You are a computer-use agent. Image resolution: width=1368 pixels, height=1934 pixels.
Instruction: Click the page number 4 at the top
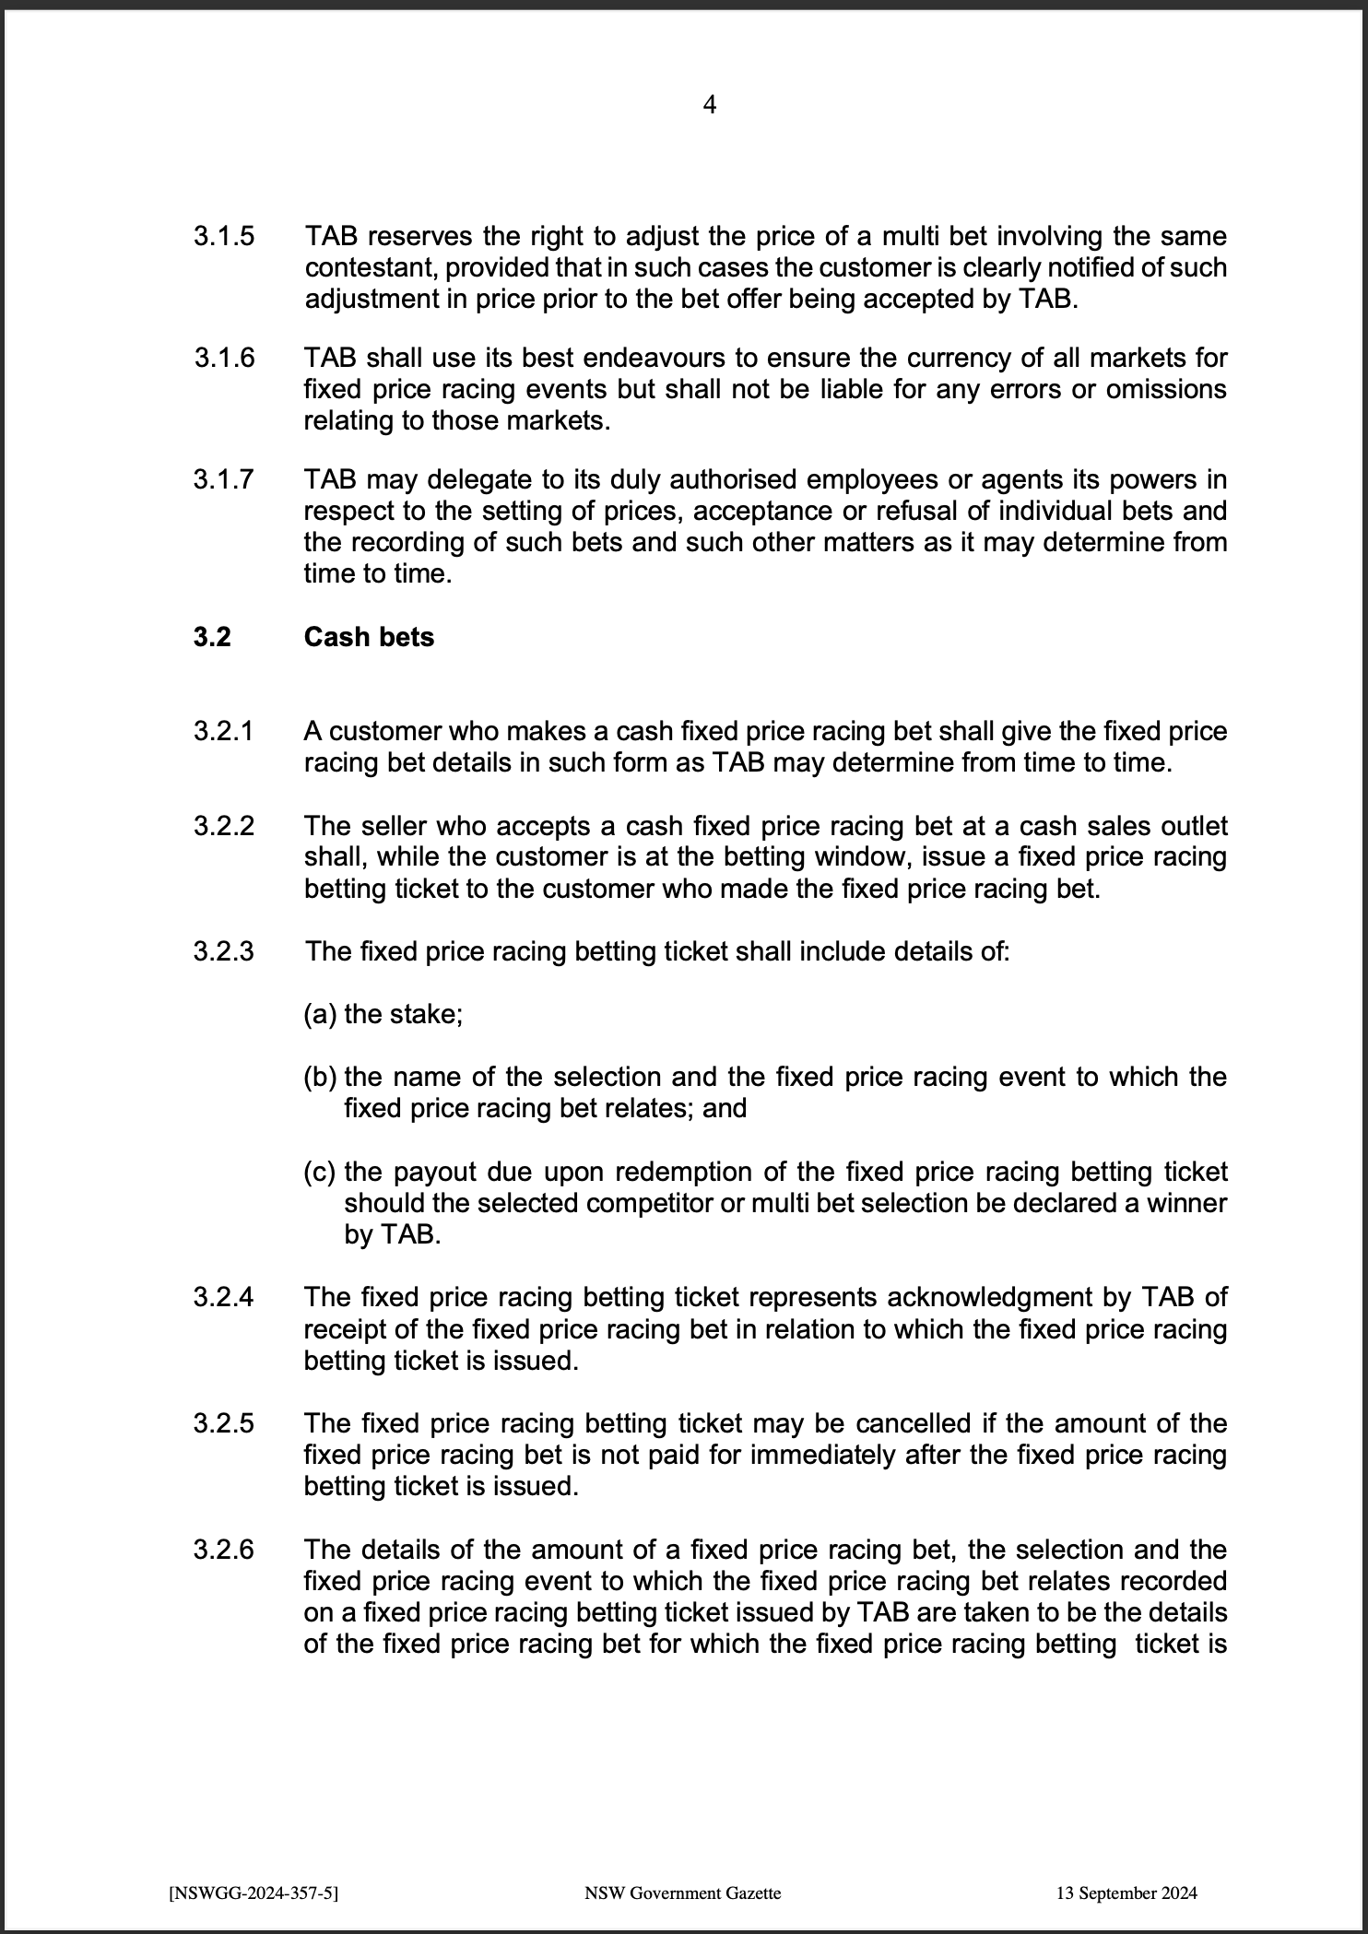pyautogui.click(x=709, y=105)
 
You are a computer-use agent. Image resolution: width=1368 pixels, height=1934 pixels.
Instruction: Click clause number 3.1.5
pyautogui.click(x=223, y=236)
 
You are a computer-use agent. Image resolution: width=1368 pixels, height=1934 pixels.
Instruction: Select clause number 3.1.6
pyautogui.click(x=224, y=358)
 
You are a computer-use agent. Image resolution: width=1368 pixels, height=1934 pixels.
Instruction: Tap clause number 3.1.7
pyautogui.click(x=223, y=479)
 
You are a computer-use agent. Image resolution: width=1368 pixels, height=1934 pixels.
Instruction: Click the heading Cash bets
pyautogui.click(x=369, y=637)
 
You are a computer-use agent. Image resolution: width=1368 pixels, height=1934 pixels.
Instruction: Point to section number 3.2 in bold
pyautogui.click(x=212, y=637)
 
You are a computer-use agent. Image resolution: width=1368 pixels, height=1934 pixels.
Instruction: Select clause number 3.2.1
pyautogui.click(x=223, y=732)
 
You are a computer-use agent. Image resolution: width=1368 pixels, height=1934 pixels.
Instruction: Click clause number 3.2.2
pyautogui.click(x=223, y=826)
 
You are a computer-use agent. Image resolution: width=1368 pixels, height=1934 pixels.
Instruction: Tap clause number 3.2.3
pyautogui.click(x=223, y=951)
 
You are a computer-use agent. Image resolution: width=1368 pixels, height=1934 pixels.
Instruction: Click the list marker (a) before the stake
pyautogui.click(x=320, y=1014)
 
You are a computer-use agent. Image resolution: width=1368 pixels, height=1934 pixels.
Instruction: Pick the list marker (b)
pyautogui.click(x=320, y=1077)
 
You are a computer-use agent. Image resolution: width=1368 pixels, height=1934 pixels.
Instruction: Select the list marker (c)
pyautogui.click(x=320, y=1173)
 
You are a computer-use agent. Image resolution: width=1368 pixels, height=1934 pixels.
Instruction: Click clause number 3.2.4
pyautogui.click(x=223, y=1298)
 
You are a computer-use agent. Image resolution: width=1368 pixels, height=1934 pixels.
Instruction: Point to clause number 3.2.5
pyautogui.click(x=223, y=1423)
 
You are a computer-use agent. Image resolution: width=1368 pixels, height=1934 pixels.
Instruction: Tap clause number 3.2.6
pyautogui.click(x=223, y=1550)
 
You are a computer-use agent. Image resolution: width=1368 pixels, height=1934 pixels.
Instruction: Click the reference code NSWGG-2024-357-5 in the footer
pyautogui.click(x=254, y=1893)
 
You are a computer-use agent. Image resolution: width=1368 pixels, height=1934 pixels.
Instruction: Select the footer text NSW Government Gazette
pyautogui.click(x=682, y=1893)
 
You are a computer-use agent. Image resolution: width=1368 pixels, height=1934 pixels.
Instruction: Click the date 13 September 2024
pyautogui.click(x=1126, y=1893)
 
